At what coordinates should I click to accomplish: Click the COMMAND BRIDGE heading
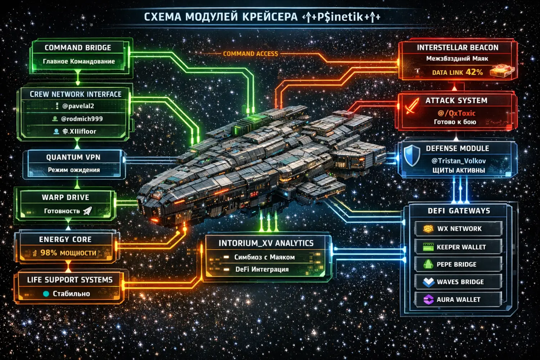tap(78, 48)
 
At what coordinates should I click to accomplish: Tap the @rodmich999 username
tap(82, 119)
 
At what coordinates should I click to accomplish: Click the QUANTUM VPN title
tap(73, 157)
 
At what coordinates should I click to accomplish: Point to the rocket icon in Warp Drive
tap(87, 211)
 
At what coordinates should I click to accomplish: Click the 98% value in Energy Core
tap(49, 253)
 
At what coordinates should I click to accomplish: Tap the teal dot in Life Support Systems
tap(46, 294)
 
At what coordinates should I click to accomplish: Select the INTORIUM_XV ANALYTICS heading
tap(266, 243)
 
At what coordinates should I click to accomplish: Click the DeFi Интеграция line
tap(262, 269)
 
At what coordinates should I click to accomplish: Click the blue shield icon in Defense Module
tap(411, 155)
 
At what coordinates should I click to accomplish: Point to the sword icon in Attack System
tap(411, 106)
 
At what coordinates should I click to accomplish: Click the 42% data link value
tap(474, 72)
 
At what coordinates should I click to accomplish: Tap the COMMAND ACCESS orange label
tap(251, 54)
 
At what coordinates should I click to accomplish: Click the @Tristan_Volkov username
tap(459, 161)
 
